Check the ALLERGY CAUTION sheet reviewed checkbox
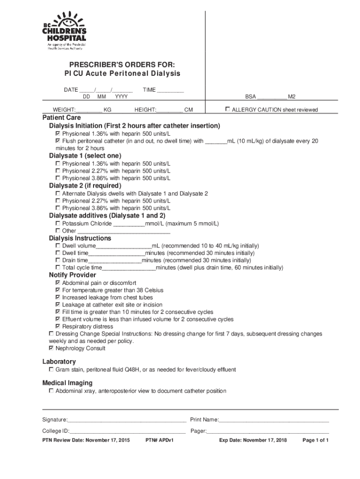pyautogui.click(x=228, y=109)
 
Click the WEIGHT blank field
pyautogui.click(x=89, y=110)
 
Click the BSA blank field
pyautogui.click(x=272, y=97)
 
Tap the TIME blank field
pyautogui.click(x=170, y=90)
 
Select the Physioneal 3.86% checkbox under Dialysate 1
pyautogui.click(x=58, y=178)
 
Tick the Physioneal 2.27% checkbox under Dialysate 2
pyautogui.click(x=58, y=201)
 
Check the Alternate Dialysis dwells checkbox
pyautogui.click(x=58, y=193)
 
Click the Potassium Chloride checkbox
pyautogui.click(x=58, y=224)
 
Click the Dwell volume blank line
pyautogui.click(x=124, y=246)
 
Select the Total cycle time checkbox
pyautogui.click(x=58, y=268)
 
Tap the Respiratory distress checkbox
pyautogui.click(x=58, y=327)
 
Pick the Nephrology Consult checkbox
pyautogui.click(x=51, y=348)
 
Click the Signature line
pyautogui.click(x=127, y=420)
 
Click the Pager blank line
pyautogui.click(x=268, y=431)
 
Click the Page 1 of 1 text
pyautogui.click(x=316, y=441)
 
